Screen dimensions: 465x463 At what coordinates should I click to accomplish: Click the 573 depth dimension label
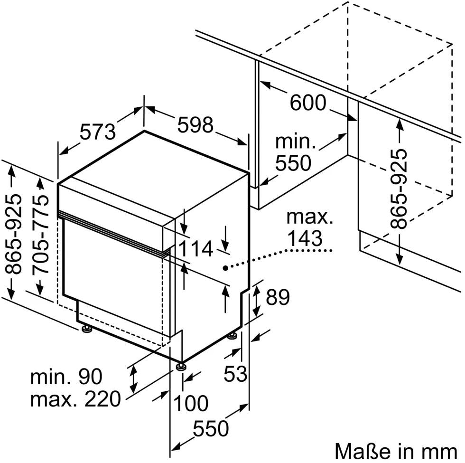click(x=98, y=132)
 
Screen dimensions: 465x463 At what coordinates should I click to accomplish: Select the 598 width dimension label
click(x=195, y=124)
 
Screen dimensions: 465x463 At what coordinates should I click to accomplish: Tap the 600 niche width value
click(x=308, y=103)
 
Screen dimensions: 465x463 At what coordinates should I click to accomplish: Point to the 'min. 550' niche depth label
click(x=295, y=152)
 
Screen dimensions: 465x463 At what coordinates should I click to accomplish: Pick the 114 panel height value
click(x=195, y=248)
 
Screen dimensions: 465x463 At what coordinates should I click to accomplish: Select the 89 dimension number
click(x=278, y=297)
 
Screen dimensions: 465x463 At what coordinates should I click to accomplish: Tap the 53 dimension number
click(x=235, y=373)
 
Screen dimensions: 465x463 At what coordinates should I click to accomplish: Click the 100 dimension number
click(x=190, y=403)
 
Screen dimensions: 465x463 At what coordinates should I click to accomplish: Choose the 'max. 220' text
click(x=75, y=399)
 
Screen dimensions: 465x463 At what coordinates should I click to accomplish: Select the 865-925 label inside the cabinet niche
click(x=399, y=189)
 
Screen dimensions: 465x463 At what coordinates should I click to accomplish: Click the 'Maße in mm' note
click(x=396, y=452)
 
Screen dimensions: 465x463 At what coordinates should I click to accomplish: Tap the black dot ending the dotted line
click(x=226, y=268)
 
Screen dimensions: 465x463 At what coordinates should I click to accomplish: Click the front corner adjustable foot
click(x=181, y=366)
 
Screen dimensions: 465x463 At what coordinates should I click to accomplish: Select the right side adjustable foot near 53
click(x=232, y=336)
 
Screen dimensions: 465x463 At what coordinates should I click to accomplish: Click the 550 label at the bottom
click(x=211, y=428)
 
